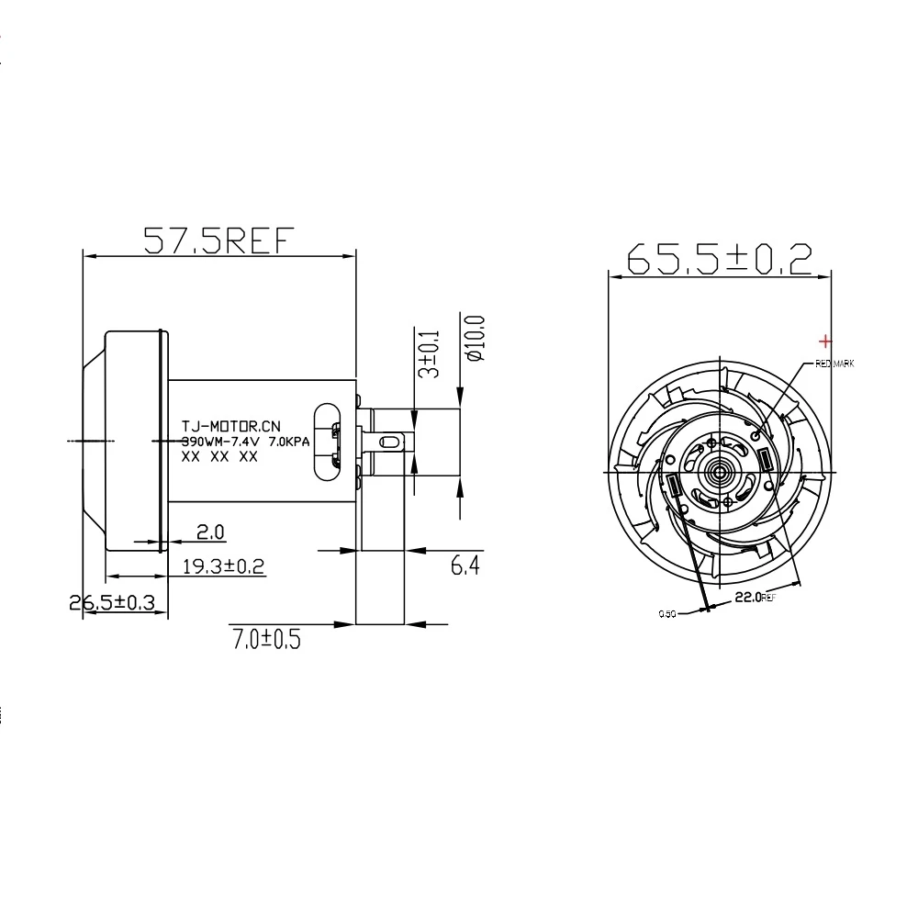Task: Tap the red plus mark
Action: [x=824, y=341]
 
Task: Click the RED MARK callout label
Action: [x=834, y=364]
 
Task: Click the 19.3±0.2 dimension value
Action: [x=222, y=566]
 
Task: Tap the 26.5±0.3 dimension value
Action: [x=112, y=603]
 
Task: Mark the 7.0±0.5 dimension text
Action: [x=266, y=636]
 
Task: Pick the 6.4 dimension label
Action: [x=465, y=566]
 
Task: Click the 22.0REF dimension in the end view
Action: [x=756, y=598]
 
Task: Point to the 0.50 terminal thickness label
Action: [x=666, y=614]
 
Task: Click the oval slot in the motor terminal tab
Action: [x=389, y=442]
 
